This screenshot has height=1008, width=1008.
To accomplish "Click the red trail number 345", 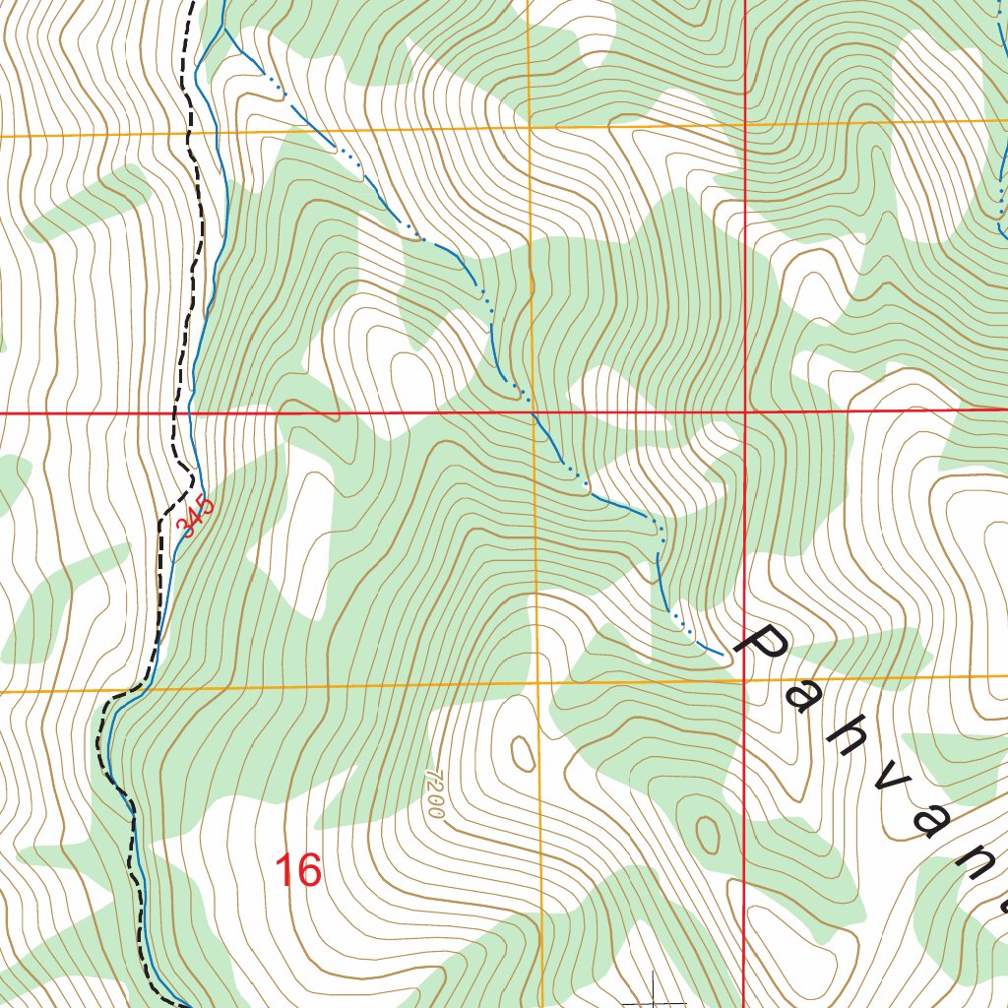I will [x=195, y=517].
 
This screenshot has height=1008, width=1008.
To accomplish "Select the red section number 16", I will [x=298, y=870].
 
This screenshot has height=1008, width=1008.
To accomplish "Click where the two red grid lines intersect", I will [x=745, y=411].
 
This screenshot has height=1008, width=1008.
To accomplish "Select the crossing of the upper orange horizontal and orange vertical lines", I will [x=530, y=127].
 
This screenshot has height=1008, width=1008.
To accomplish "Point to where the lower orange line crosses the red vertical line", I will [x=744, y=679].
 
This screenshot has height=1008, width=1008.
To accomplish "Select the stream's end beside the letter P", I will [x=723, y=653].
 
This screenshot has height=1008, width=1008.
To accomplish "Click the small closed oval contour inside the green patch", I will [x=707, y=834].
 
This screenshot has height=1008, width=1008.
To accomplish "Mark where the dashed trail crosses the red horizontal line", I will [x=177, y=413].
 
